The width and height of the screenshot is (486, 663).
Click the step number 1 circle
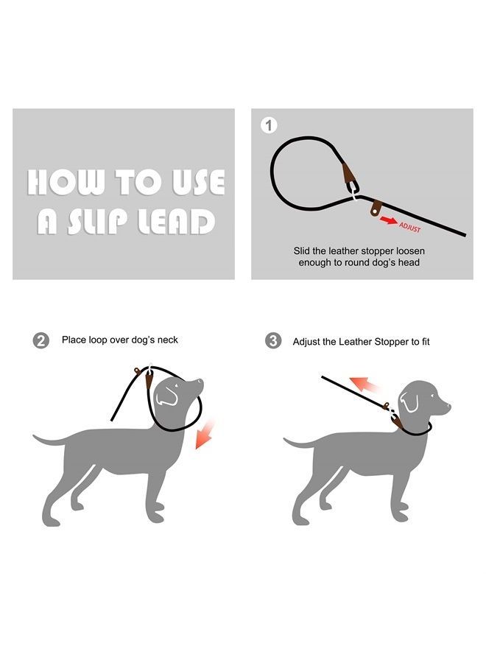click(269, 125)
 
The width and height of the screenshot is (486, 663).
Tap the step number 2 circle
click(41, 341)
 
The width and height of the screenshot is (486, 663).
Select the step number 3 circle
click(273, 341)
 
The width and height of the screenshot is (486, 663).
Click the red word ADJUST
click(410, 227)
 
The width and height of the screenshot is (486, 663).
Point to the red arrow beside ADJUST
click(389, 220)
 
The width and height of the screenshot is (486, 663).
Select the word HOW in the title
click(66, 182)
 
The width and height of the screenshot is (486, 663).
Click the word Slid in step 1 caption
click(302, 251)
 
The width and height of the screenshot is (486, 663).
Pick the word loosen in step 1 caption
click(410, 251)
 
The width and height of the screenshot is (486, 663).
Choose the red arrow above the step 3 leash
click(364, 384)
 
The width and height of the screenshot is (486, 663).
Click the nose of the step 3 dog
click(448, 407)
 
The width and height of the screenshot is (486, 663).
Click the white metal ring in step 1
click(354, 192)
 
